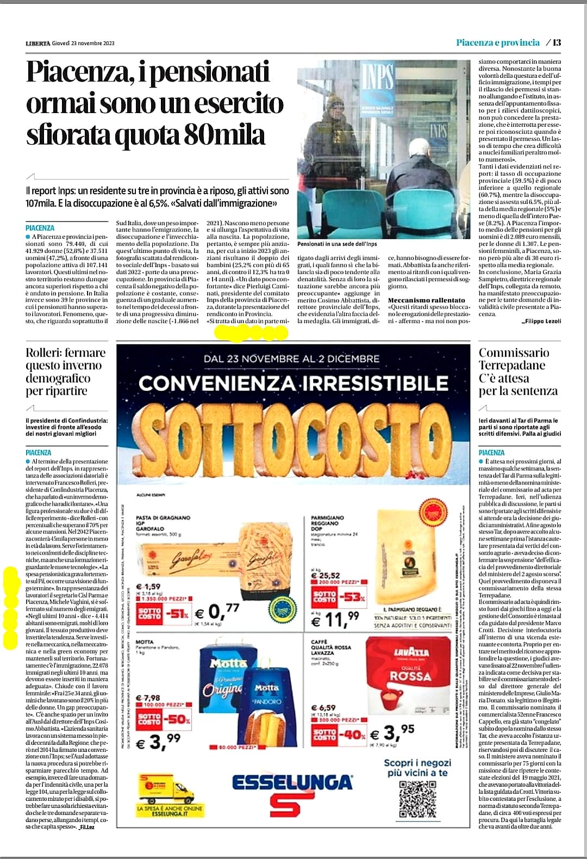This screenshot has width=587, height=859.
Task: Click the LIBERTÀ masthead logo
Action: pos(38,43)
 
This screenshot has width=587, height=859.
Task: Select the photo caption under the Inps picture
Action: pos(337,244)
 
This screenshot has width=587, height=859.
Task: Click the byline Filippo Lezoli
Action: pos(541,321)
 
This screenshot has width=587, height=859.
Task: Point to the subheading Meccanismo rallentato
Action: pos(427,300)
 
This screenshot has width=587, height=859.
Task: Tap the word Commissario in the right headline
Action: pos(514,353)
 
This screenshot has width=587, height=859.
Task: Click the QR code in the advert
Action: pos(417,799)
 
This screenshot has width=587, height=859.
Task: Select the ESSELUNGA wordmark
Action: pos(292,782)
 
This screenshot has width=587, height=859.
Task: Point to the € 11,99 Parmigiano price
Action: pos(335,618)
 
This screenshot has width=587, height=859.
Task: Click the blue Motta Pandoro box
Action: pos(266,711)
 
